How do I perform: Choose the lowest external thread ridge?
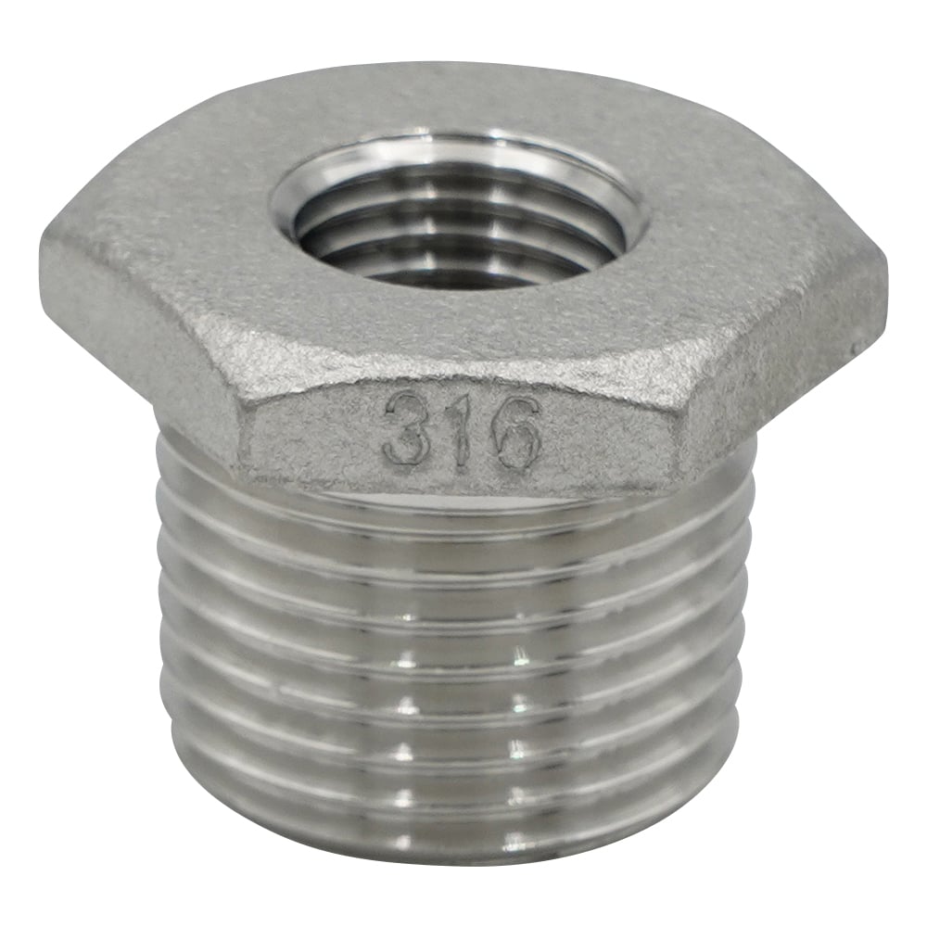[454, 825]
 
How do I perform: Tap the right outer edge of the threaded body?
[746, 649]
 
